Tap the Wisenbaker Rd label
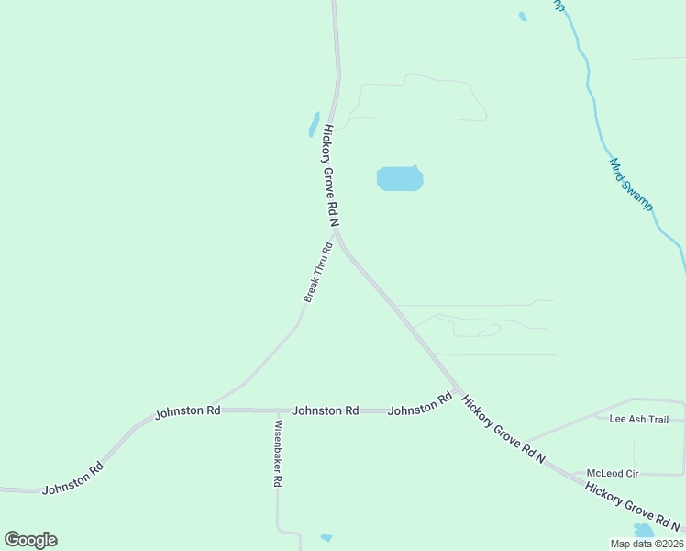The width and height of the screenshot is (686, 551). point(278,454)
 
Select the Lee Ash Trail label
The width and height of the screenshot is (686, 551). point(639,419)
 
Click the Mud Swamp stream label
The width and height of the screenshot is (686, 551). point(631,184)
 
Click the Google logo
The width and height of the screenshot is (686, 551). point(30,540)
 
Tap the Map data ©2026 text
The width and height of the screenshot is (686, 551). point(647,544)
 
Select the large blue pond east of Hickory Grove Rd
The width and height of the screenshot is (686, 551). point(400,178)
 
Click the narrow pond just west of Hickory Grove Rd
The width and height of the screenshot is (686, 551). point(314,124)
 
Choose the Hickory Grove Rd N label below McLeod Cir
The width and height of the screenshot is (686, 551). point(633,508)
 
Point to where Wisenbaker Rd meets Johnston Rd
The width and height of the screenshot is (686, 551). point(277,410)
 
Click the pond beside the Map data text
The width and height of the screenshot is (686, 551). point(644,531)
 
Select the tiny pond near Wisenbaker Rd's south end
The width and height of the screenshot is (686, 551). point(326,538)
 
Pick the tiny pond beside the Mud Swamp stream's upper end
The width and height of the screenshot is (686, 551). point(523,17)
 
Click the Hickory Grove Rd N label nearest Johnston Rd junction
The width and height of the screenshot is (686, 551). point(503,430)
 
